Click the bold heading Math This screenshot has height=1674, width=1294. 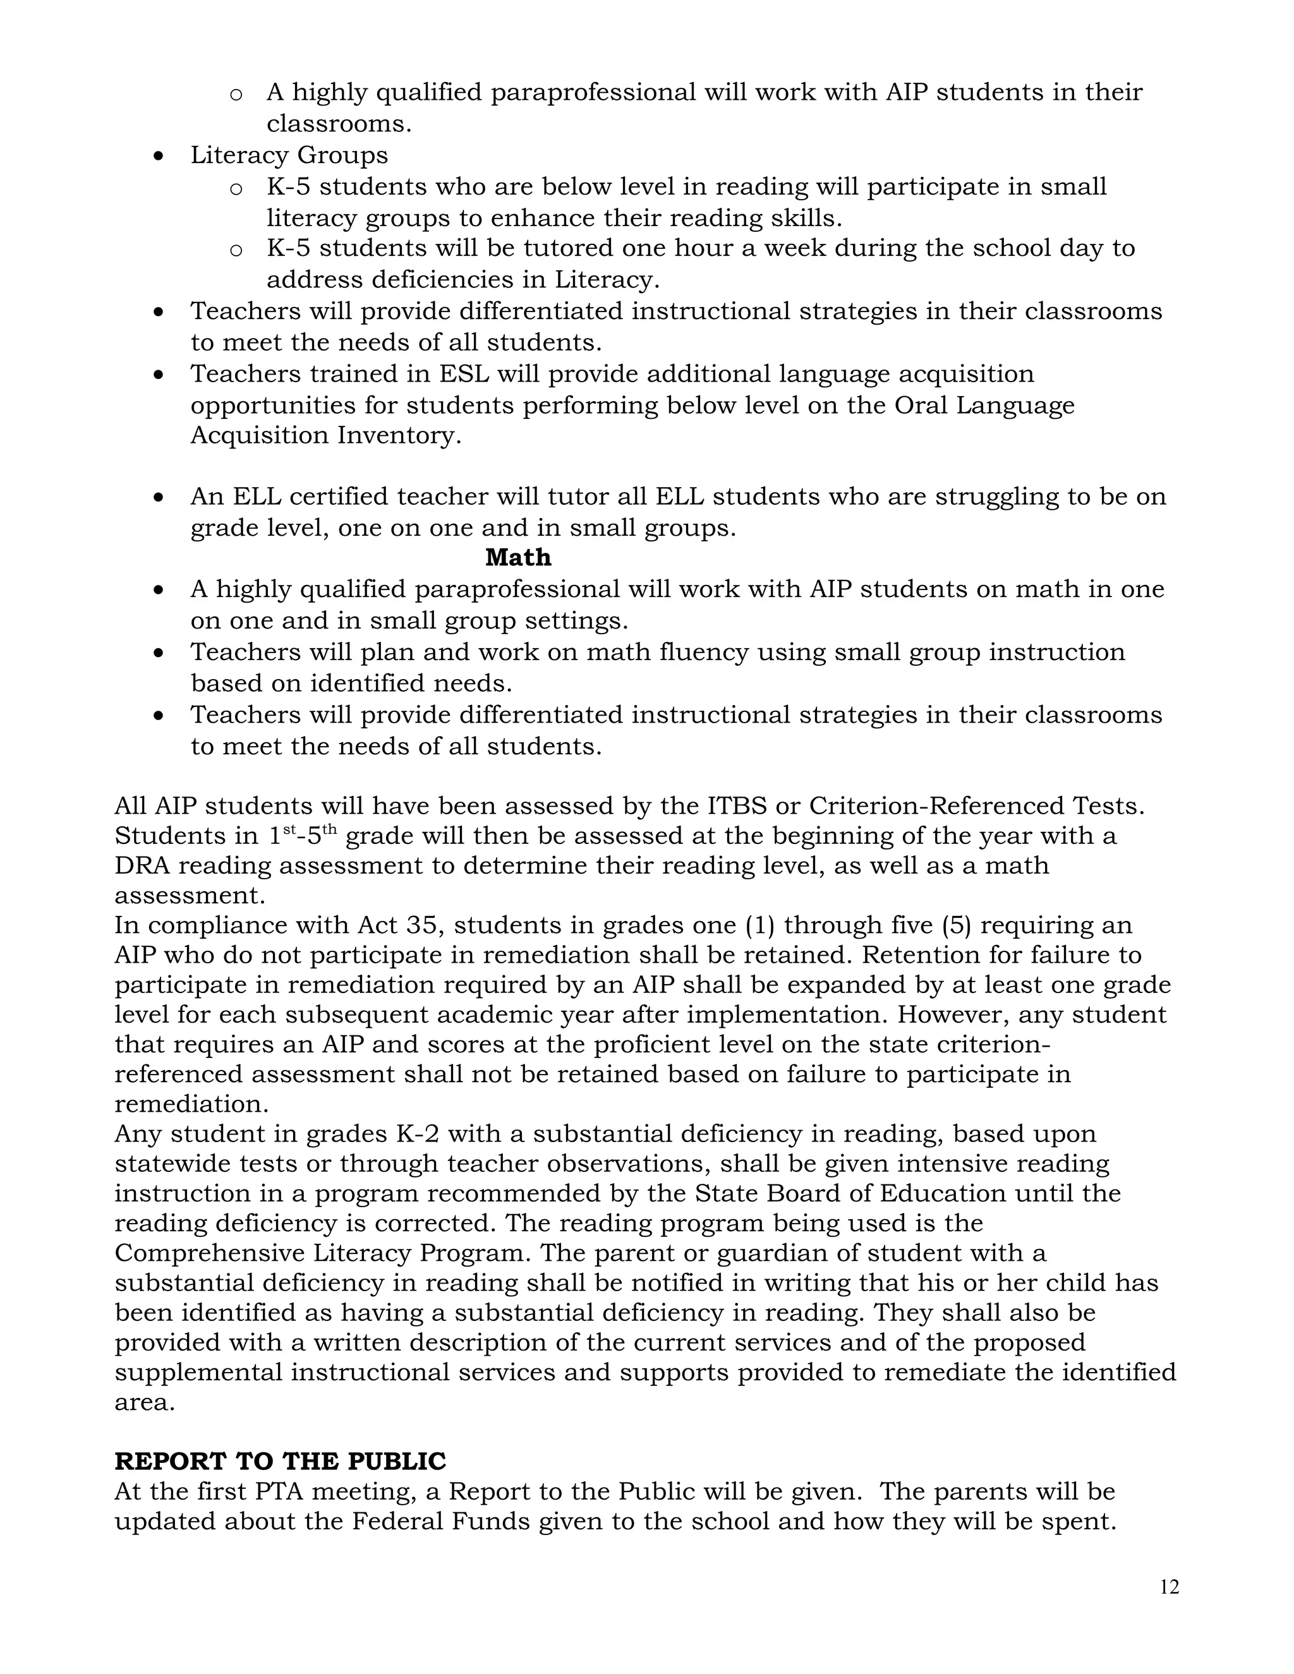518,557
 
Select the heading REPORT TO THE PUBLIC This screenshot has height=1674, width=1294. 280,1461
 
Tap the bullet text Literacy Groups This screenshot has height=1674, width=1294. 289,155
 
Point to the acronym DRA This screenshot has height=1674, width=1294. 142,865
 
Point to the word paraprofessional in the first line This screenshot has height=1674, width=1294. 593,93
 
